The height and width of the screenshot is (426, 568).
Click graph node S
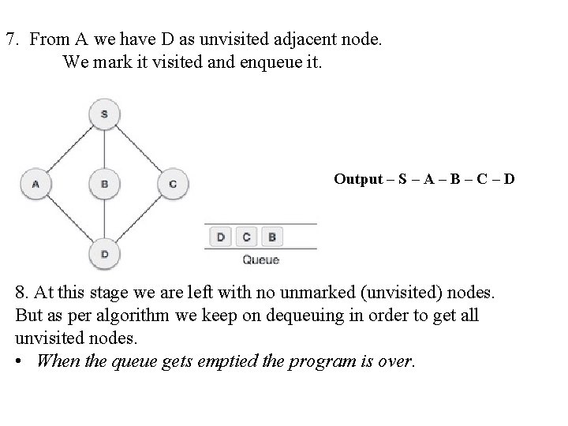point(104,113)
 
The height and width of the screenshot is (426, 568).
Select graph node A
point(35,185)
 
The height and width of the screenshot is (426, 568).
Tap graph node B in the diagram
point(104,185)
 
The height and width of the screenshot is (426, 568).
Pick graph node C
point(173,185)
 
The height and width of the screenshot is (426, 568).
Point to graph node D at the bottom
point(104,254)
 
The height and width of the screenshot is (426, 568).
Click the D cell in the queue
point(221,236)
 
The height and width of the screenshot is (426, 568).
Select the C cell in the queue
point(247,236)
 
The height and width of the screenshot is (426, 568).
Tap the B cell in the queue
point(271,236)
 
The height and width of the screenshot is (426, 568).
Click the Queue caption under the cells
point(260,260)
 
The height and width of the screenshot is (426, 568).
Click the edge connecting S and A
point(69,148)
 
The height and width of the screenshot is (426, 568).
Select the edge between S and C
point(139,148)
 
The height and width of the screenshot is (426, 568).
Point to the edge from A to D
point(69,219)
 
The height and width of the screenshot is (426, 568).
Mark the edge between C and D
point(139,219)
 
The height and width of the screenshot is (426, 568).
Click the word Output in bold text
point(358,179)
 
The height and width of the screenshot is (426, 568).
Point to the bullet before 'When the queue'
point(19,361)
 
